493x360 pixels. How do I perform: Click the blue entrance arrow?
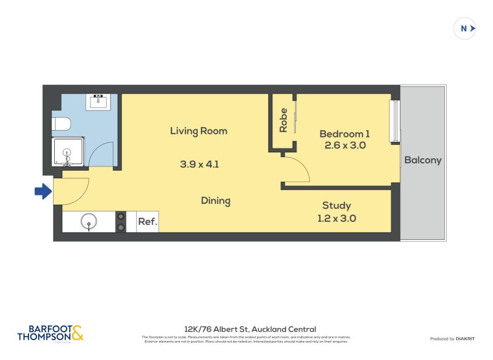(43, 192)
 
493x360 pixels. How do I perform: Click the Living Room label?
(199, 131)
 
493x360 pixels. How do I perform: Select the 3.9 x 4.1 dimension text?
(199, 165)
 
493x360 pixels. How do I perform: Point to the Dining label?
(216, 201)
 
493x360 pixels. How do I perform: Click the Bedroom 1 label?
(345, 134)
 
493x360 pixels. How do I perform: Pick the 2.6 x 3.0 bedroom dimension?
(345, 146)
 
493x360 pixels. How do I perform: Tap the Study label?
(336, 205)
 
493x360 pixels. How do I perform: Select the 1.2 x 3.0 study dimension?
(336, 218)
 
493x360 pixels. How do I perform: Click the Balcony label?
(423, 160)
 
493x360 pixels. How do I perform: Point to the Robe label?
(283, 121)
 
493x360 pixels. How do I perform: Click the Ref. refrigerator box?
(147, 221)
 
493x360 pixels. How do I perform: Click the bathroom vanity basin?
(99, 102)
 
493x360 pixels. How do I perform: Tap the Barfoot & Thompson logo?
(50, 333)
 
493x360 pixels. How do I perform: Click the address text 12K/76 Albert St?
(250, 329)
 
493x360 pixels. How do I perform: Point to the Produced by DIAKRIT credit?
(451, 338)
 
